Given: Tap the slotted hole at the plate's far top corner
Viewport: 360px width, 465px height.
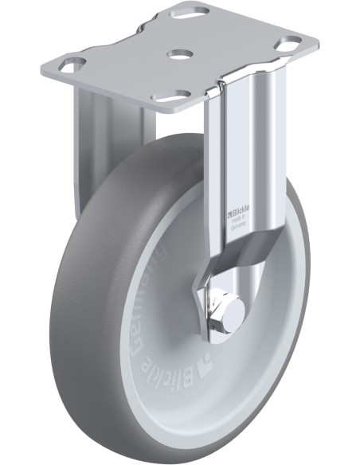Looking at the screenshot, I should (x=195, y=14).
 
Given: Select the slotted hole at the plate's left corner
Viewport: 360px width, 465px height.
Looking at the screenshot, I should (x=74, y=63).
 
